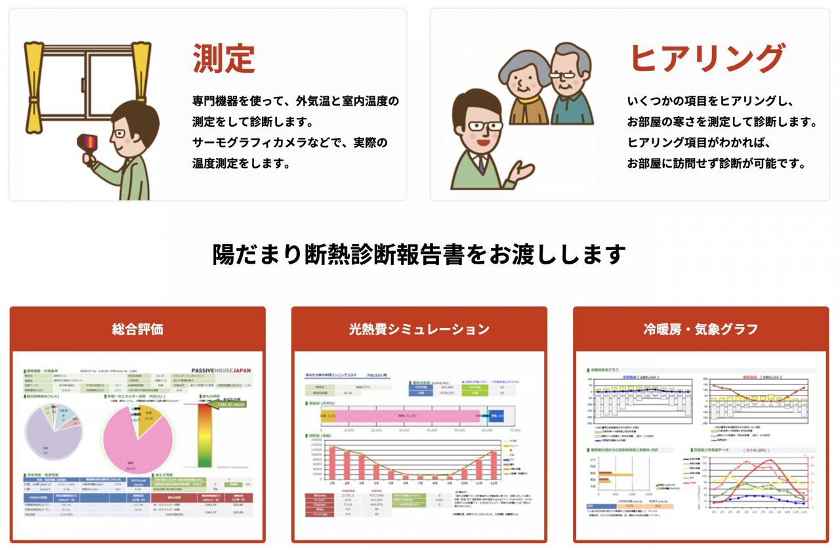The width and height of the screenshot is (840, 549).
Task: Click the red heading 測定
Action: coord(223,59)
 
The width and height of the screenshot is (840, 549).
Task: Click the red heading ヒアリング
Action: coord(707,59)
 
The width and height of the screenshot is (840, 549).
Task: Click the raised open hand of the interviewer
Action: coord(523,171)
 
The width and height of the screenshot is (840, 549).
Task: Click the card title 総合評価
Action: coord(137,329)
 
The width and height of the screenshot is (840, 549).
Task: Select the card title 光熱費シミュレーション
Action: coord(419,329)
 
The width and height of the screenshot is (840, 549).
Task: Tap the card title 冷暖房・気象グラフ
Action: coord(701,329)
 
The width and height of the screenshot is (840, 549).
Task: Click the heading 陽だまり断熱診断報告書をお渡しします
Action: coord(419,254)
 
